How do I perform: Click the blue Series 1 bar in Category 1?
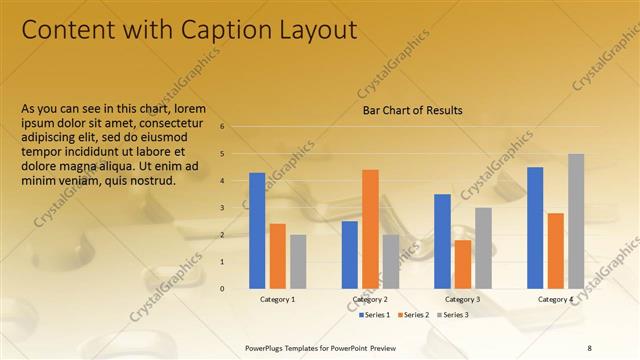(x=257, y=230)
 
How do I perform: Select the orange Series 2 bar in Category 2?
(x=370, y=228)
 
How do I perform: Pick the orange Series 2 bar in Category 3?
(x=462, y=263)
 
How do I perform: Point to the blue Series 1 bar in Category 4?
(x=535, y=227)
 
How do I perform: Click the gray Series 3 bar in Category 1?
(x=299, y=261)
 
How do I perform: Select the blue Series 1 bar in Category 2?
(x=350, y=254)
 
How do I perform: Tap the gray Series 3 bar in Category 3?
(x=483, y=247)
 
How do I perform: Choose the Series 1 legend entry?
(x=375, y=315)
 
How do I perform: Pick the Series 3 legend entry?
(x=451, y=315)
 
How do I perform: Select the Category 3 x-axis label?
(x=462, y=299)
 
